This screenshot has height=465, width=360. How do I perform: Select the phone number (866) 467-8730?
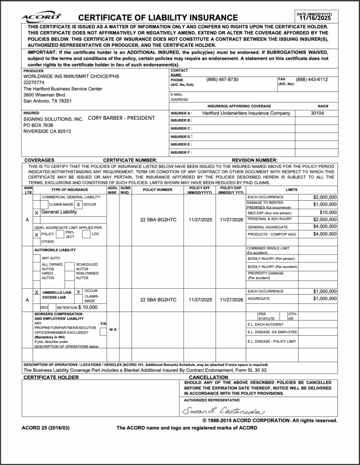(222, 79)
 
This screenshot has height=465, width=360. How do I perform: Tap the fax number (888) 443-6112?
(312, 79)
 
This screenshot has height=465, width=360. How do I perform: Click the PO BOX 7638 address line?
(38, 125)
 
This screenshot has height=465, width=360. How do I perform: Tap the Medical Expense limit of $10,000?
(328, 212)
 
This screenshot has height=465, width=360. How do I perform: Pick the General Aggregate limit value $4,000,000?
(325, 227)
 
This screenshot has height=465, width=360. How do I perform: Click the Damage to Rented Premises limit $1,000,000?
(325, 204)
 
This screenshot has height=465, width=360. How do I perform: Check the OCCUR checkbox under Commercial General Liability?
(79, 205)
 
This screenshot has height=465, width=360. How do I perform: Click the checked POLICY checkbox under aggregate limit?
(37, 234)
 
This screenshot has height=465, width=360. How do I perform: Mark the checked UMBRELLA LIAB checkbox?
(37, 292)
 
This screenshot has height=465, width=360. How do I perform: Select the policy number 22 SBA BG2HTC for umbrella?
(158, 300)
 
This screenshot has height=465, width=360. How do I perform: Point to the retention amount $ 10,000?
(88, 307)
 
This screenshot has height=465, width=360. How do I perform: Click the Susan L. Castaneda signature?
(223, 411)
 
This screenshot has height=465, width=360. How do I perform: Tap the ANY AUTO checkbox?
(38, 258)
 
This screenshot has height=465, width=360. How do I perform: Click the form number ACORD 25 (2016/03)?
(45, 428)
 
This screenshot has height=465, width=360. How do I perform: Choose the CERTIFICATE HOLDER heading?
(51, 377)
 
